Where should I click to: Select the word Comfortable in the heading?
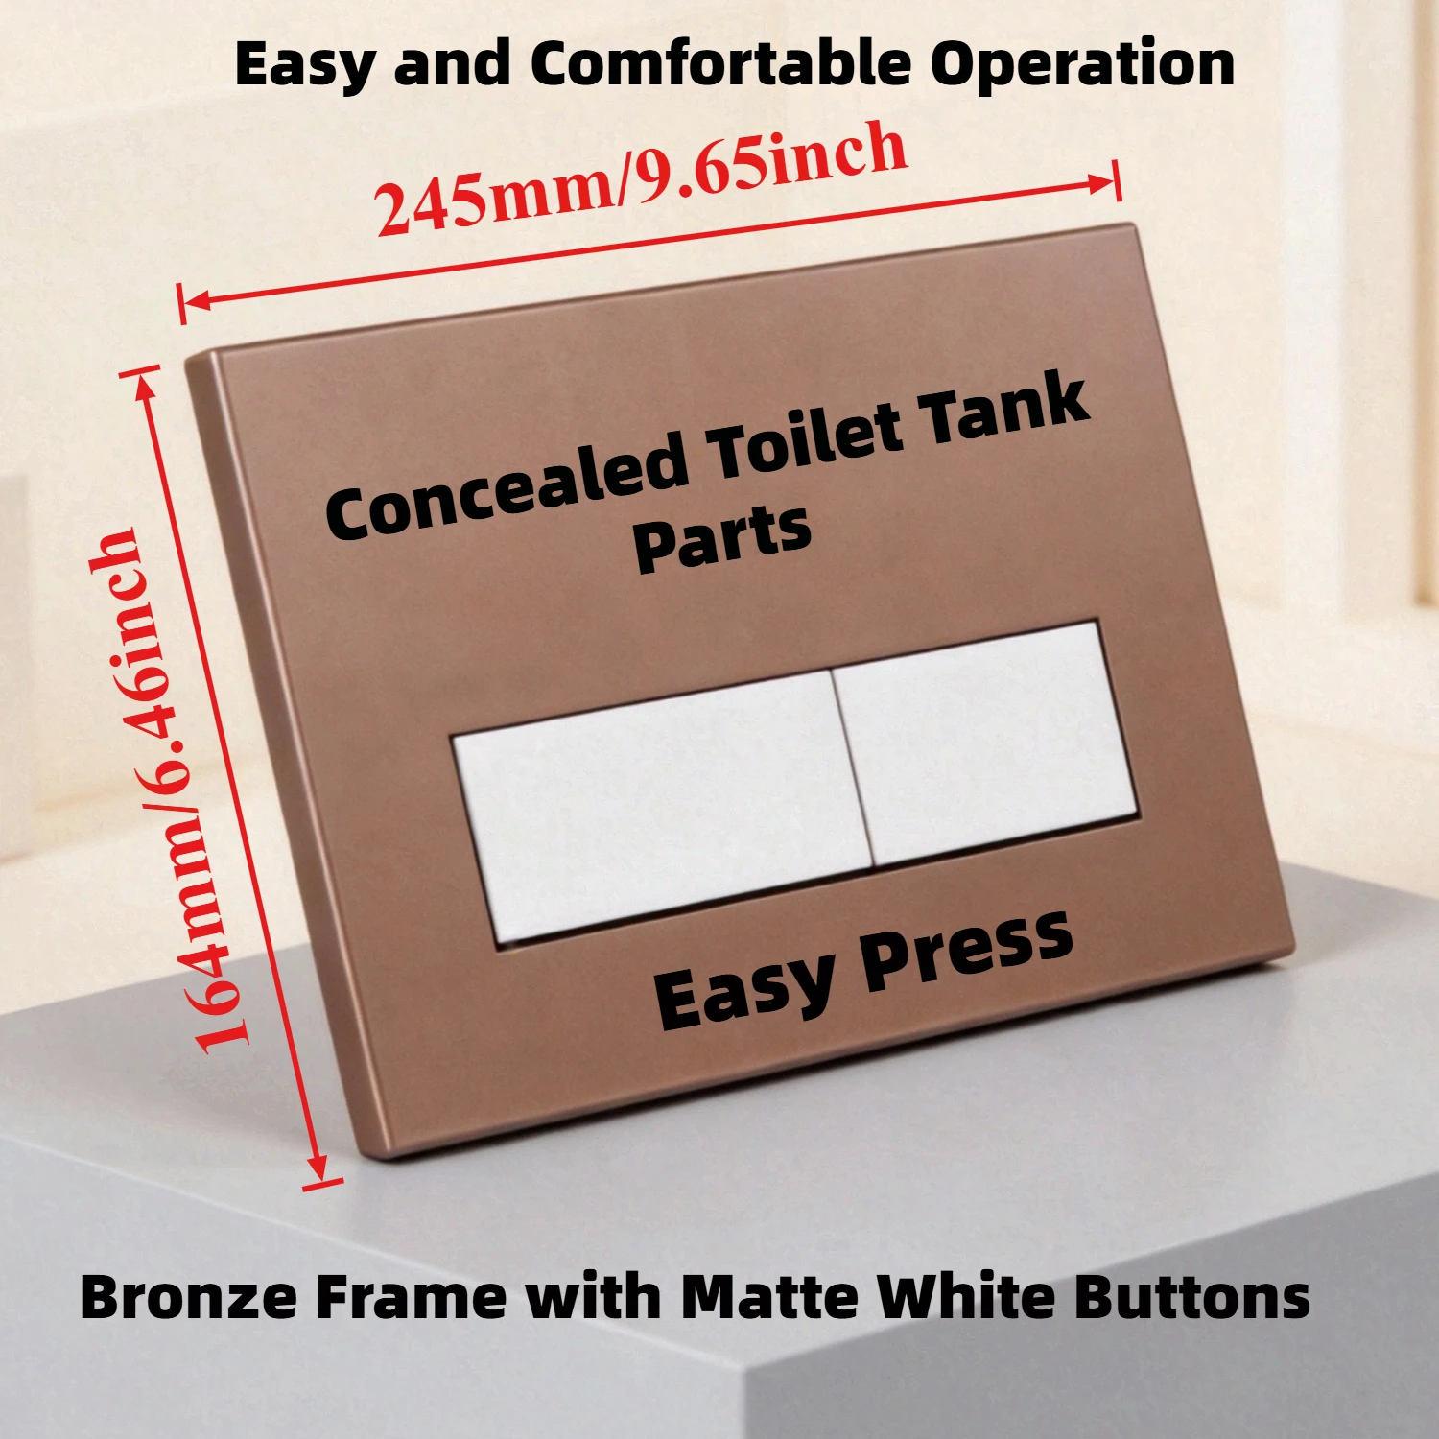(x=721, y=65)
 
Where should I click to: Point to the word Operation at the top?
(x=1082, y=65)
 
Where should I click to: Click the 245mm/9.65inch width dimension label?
(x=641, y=180)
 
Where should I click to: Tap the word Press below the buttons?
(x=965, y=950)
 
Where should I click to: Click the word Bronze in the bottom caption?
(x=188, y=1297)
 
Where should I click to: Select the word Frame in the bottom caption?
(x=411, y=1297)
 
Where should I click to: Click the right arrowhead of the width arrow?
(x=1103, y=182)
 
